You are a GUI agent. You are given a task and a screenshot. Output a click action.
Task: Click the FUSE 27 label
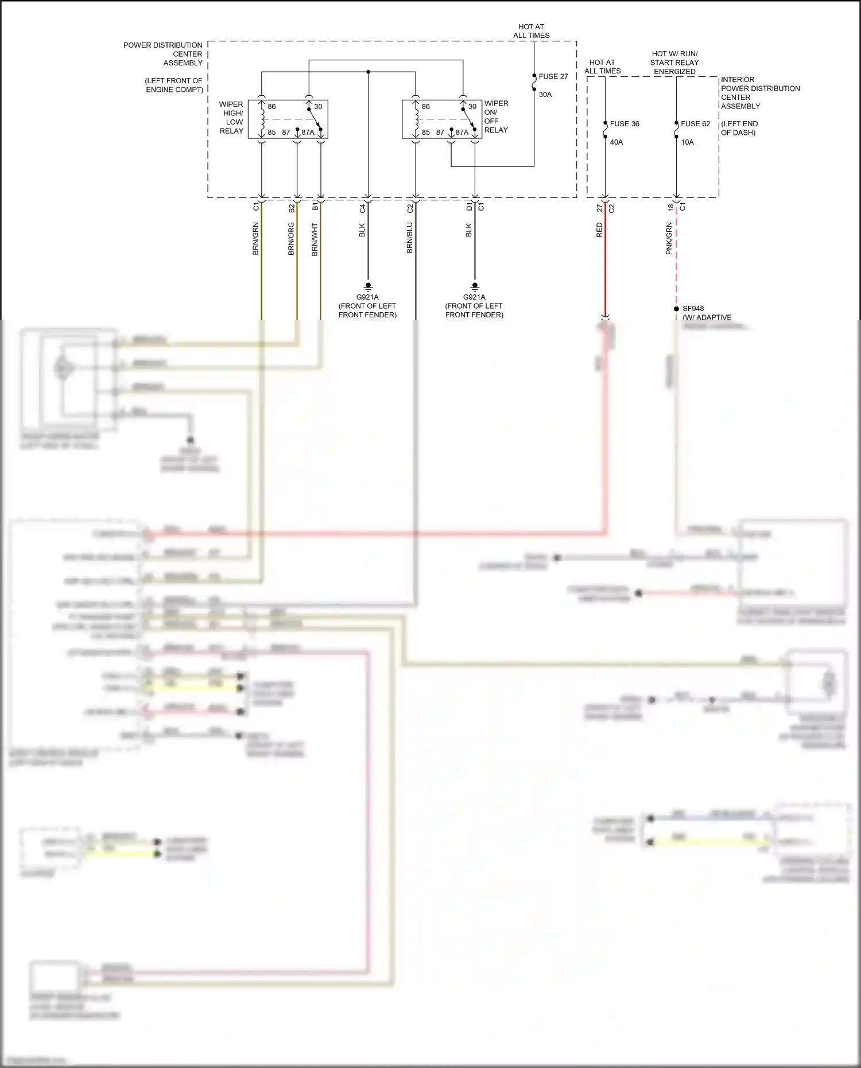pyautogui.click(x=553, y=76)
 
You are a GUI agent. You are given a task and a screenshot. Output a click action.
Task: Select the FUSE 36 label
pyautogui.click(x=624, y=124)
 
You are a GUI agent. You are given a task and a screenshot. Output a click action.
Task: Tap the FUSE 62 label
pyautogui.click(x=695, y=124)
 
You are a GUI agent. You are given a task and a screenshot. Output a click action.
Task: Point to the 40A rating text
pyautogui.click(x=616, y=142)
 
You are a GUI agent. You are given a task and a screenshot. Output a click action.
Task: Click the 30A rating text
pyautogui.click(x=545, y=95)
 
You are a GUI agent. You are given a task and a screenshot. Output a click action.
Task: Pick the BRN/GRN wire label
pyautogui.click(x=255, y=239)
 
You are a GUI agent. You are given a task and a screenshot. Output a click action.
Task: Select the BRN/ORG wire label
pyautogui.click(x=291, y=239)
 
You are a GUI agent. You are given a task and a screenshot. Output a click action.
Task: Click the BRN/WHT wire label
pyautogui.click(x=315, y=239)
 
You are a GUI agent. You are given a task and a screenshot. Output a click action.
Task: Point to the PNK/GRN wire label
pyautogui.click(x=669, y=239)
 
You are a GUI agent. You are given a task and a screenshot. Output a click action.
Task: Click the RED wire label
pyautogui.click(x=599, y=231)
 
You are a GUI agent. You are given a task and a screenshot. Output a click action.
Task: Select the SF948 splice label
pyautogui.click(x=693, y=309)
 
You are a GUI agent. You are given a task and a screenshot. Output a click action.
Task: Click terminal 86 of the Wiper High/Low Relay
pyautogui.click(x=272, y=107)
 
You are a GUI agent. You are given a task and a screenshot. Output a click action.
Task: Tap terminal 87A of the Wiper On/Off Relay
pyautogui.click(x=462, y=133)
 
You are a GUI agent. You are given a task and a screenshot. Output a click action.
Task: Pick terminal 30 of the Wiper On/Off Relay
pyautogui.click(x=472, y=107)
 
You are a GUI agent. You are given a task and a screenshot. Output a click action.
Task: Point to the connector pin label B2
pyautogui.click(x=291, y=208)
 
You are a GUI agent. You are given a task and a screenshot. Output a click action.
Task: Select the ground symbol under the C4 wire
pyautogui.click(x=368, y=286)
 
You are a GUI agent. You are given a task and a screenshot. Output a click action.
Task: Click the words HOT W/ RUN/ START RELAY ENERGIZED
pyautogui.click(x=674, y=63)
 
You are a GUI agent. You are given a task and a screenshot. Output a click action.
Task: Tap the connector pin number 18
pyautogui.click(x=670, y=208)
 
